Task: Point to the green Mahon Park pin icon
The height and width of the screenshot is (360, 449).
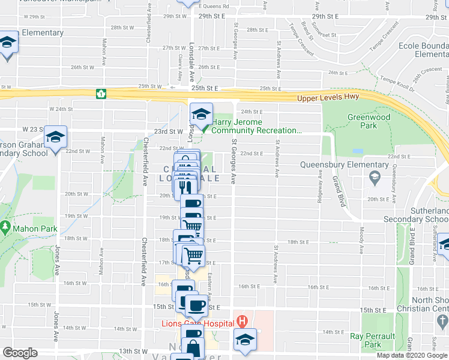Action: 6,228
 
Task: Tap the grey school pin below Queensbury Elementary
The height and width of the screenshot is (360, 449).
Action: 375,178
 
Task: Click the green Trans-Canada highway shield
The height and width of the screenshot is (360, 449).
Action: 101,94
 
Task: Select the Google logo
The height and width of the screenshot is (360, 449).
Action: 20,353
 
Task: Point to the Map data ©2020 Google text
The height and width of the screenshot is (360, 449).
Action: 411,355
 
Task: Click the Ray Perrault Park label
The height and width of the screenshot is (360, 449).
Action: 373,340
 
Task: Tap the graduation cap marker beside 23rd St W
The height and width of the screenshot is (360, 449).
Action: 56,138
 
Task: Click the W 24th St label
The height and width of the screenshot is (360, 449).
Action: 61,109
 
